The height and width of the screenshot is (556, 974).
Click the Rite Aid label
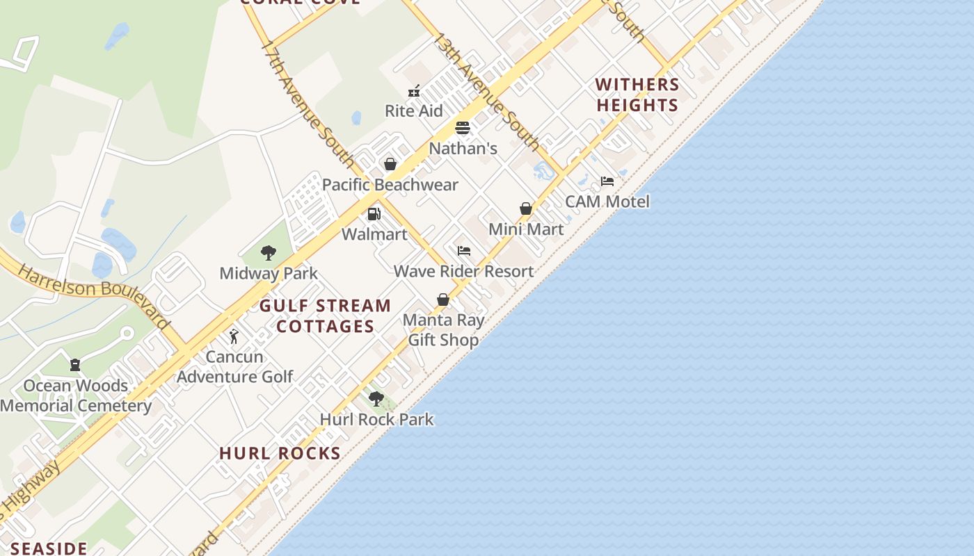pyautogui.click(x=414, y=111)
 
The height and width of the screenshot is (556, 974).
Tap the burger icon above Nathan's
pyautogui.click(x=463, y=128)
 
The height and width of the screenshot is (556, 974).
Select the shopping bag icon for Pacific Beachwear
pyautogui.click(x=390, y=164)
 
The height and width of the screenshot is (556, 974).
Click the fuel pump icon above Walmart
pyautogui.click(x=374, y=214)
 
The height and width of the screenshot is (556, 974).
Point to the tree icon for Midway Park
pyautogui.click(x=269, y=253)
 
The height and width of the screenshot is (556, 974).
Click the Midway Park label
pyautogui.click(x=269, y=273)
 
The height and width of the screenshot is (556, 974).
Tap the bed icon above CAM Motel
pyautogui.click(x=607, y=181)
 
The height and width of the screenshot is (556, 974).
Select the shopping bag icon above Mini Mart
pyautogui.click(x=526, y=208)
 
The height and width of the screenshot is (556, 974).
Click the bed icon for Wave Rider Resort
pyautogui.click(x=464, y=251)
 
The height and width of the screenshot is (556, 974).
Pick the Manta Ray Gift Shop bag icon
pyautogui.click(x=443, y=300)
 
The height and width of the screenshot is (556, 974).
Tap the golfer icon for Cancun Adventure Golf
pyautogui.click(x=234, y=336)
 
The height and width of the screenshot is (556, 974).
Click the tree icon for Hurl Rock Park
pyautogui.click(x=376, y=399)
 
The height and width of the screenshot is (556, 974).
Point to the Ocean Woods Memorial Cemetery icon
pyautogui.click(x=75, y=365)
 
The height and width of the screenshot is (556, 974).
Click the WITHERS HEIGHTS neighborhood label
pyautogui.click(x=637, y=95)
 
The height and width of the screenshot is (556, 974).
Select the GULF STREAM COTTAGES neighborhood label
pyautogui.click(x=326, y=316)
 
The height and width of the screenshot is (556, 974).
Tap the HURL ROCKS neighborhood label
pyautogui.click(x=280, y=453)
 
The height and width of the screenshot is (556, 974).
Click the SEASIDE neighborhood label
pyautogui.click(x=49, y=548)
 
